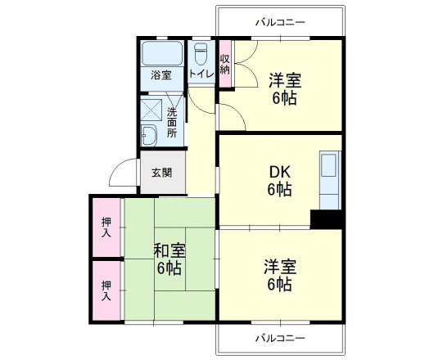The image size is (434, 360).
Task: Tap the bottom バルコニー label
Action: (x=279, y=338)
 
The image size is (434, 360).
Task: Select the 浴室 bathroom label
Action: (x=161, y=76)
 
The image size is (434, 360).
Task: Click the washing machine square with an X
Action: (x=151, y=110)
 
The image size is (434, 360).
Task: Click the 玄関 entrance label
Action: (x=161, y=173)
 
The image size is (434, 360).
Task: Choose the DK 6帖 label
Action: (x=280, y=180)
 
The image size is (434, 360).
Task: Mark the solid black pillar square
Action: (x=325, y=219)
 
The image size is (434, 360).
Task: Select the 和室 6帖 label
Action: (x=169, y=259)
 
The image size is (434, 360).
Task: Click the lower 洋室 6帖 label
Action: (x=279, y=276)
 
